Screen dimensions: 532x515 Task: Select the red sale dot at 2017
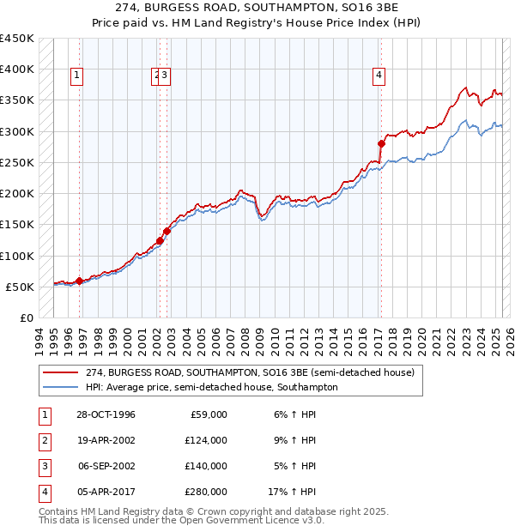[x=382, y=143]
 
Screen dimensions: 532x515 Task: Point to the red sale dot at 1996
[x=79, y=281]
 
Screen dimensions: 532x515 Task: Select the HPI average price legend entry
[x=211, y=387]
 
